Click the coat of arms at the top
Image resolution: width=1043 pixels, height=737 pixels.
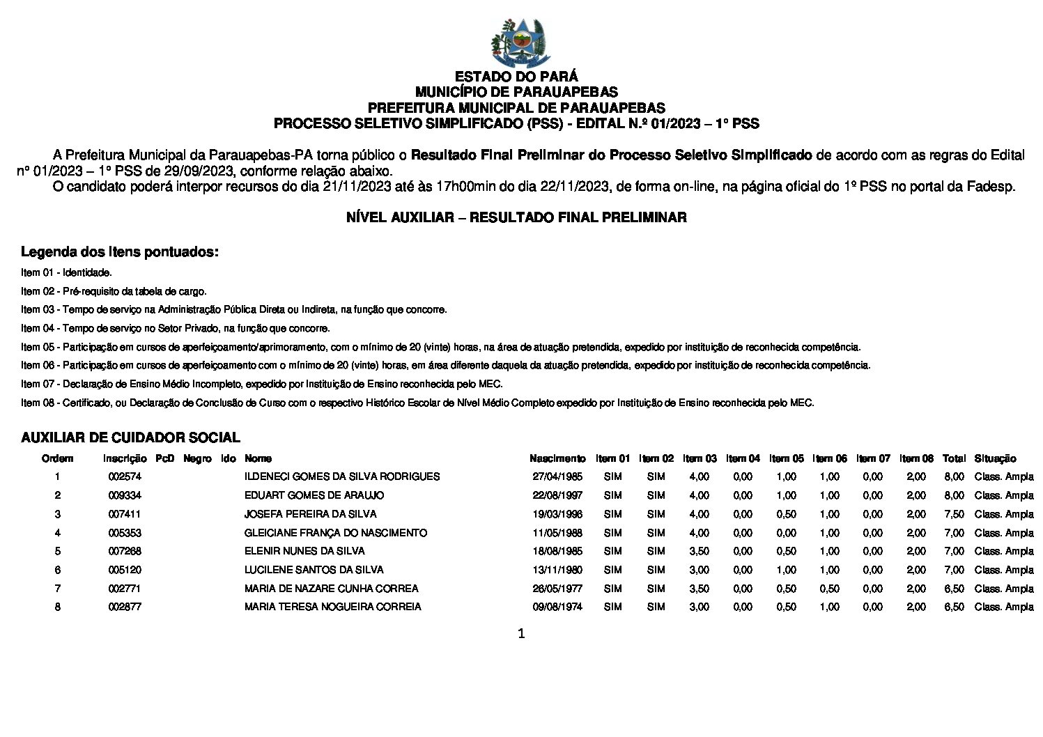coord(520,42)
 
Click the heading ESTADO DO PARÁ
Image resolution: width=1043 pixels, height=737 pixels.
coord(516,77)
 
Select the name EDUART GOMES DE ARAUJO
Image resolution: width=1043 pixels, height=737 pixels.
coord(314,495)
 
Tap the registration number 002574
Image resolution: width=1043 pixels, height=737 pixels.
coord(125,477)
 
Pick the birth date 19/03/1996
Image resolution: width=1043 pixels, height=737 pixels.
coord(557,514)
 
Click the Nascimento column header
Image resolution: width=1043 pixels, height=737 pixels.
coord(557,458)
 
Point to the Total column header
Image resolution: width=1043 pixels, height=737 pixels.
coord(954,458)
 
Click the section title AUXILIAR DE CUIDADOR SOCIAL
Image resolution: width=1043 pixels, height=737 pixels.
coord(130,437)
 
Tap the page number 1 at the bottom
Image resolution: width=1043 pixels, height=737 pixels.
coord(521,634)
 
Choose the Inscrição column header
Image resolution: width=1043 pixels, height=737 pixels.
coord(125,458)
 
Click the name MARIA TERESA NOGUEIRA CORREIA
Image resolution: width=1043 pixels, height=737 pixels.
coord(332,607)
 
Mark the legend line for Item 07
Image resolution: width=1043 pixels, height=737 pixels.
coord(261,384)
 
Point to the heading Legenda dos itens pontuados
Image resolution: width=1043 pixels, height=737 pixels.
coord(119,251)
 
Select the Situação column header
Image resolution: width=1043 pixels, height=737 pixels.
coord(995,458)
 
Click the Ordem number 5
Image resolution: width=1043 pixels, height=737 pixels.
coord(58,551)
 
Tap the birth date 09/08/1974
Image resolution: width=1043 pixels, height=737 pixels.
coord(557,607)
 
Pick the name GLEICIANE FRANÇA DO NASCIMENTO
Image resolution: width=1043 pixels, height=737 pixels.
coord(335,533)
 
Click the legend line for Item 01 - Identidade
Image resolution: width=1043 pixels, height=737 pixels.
coord(66,272)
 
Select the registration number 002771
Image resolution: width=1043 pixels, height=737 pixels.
coord(125,589)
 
